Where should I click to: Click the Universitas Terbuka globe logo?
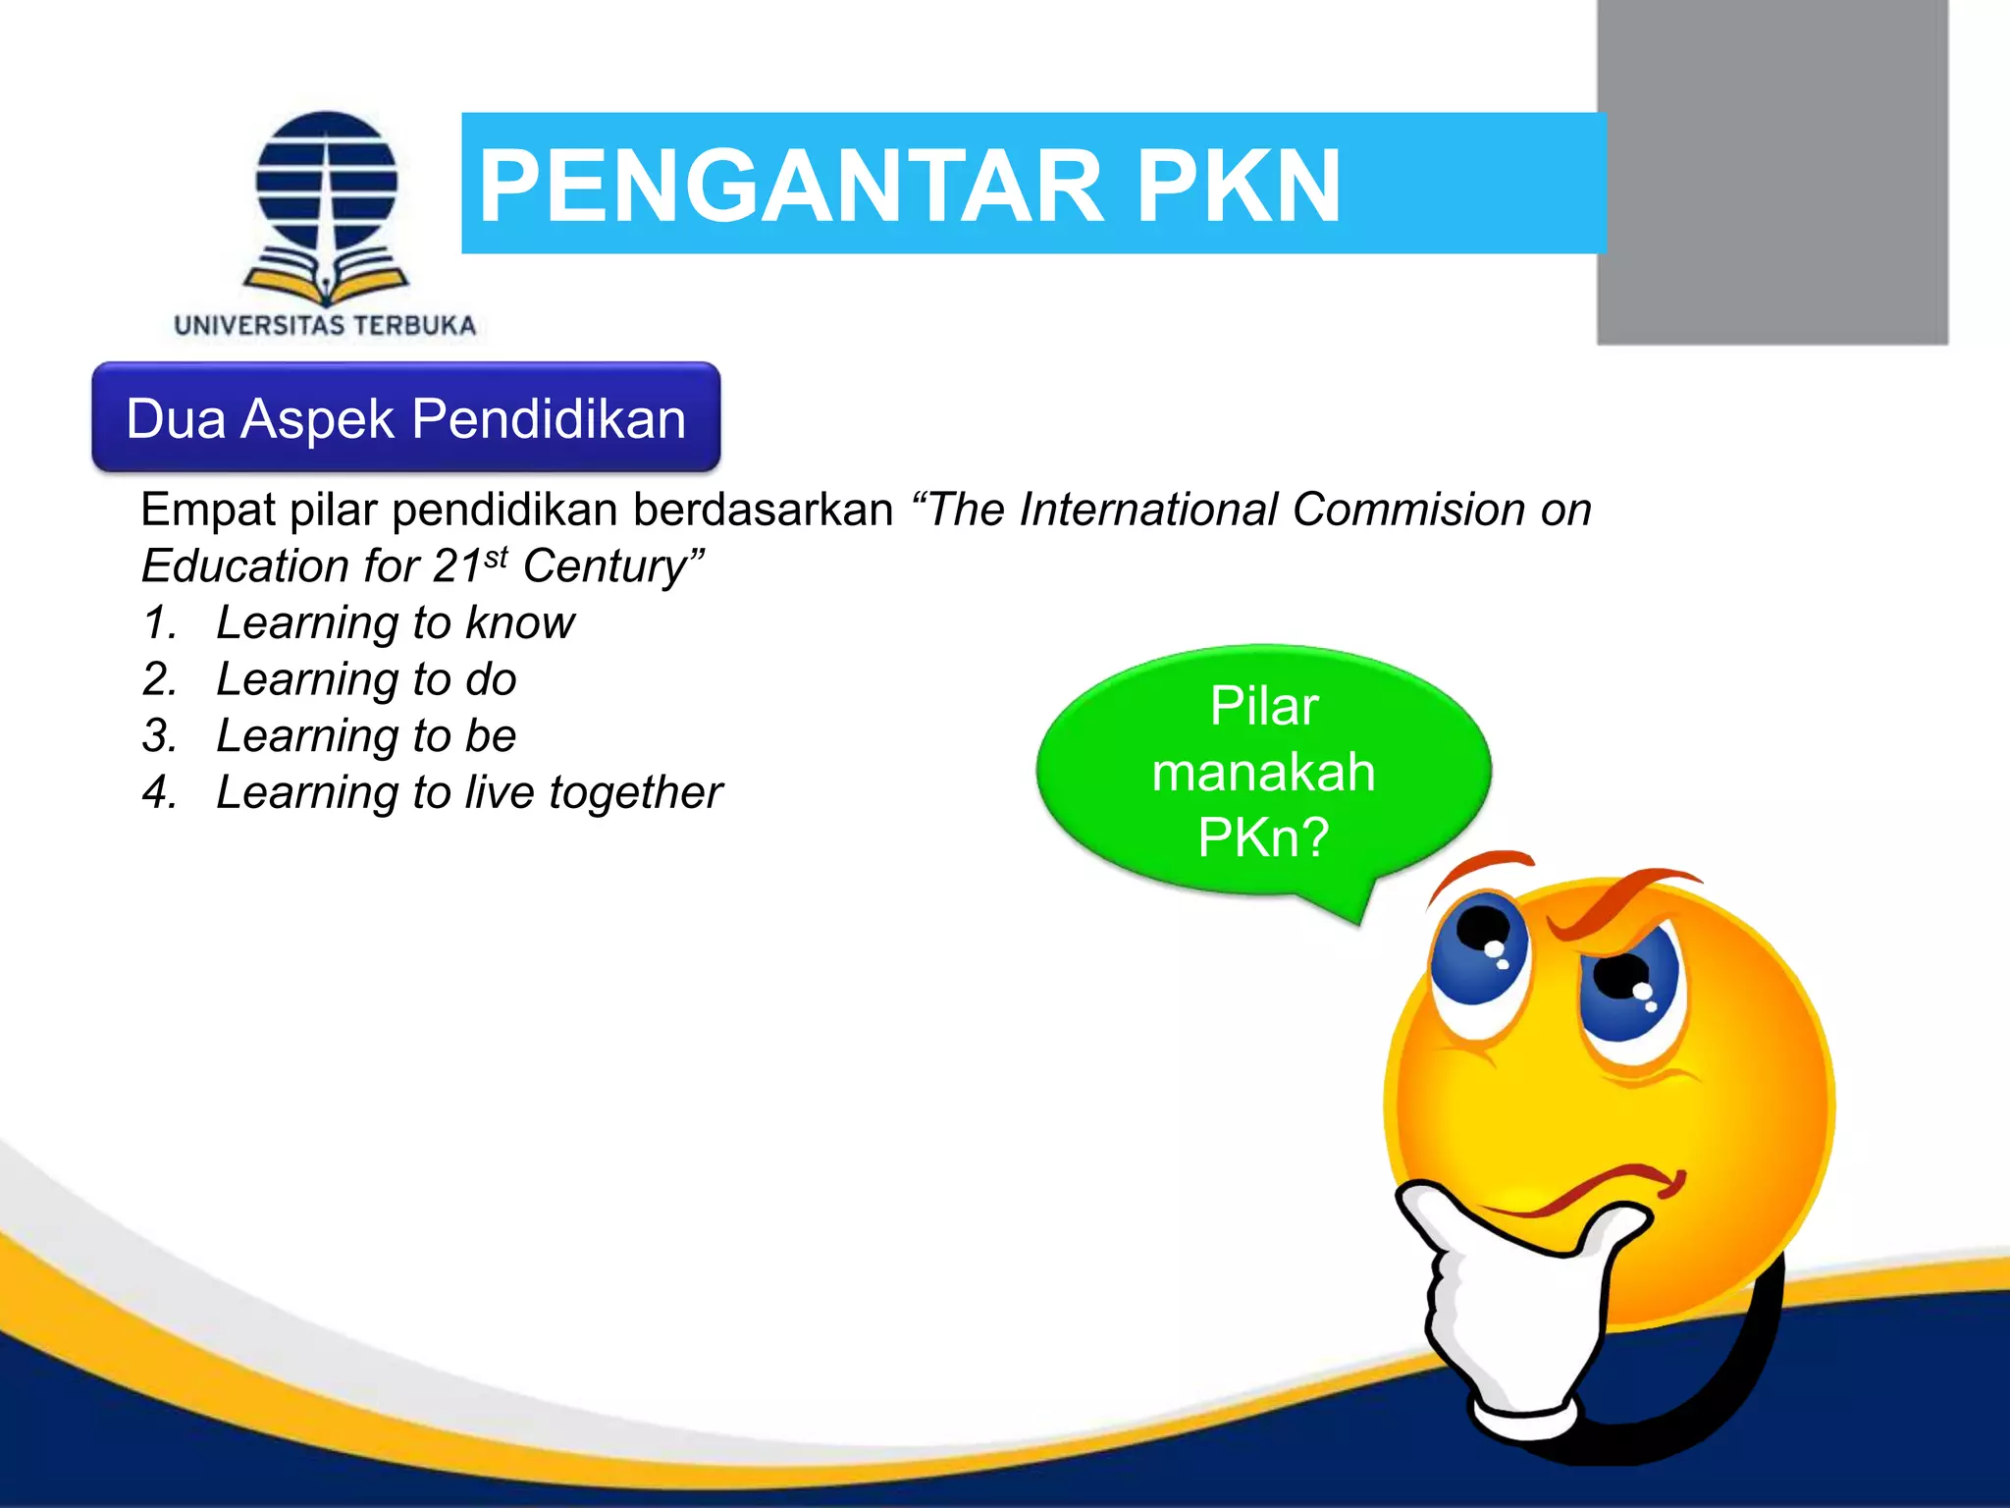(327, 206)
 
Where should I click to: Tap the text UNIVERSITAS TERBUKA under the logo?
(325, 326)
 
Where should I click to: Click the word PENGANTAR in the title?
(791, 187)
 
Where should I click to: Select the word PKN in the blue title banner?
(1239, 187)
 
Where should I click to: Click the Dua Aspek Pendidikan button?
(405, 418)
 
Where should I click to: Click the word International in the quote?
(1148, 511)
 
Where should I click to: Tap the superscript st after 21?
(497, 558)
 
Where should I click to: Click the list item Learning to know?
(395, 623)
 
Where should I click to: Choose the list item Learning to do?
(366, 679)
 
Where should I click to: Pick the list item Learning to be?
(366, 736)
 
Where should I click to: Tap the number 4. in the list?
(160, 793)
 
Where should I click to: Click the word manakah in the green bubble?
(1263, 772)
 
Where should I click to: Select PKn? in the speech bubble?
(1263, 837)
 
